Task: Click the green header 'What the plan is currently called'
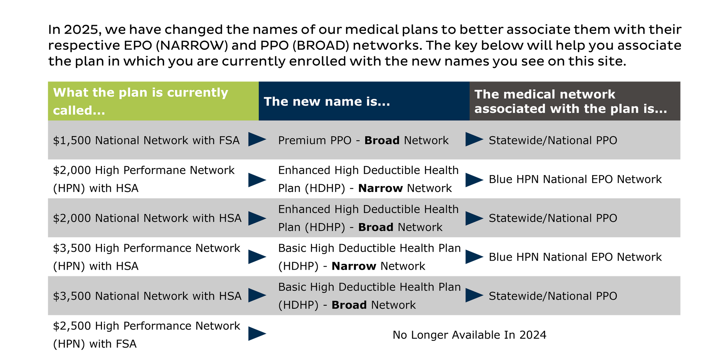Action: point(141,101)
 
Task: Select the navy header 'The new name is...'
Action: point(327,101)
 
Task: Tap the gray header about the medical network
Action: point(570,101)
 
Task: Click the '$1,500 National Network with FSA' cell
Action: point(146,140)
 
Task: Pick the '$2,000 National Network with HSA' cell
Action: point(147,218)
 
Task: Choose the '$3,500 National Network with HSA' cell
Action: point(147,296)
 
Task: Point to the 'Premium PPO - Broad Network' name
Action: point(363,140)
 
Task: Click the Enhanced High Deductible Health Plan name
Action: point(368,218)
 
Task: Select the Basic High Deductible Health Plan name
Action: point(369,296)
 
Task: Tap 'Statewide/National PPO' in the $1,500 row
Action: point(553,140)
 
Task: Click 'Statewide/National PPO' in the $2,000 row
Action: point(553,218)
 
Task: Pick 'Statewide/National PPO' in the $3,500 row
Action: point(553,296)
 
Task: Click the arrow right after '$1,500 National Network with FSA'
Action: point(257,139)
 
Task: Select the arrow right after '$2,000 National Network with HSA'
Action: point(257,218)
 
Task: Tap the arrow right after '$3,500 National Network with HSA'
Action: point(257,295)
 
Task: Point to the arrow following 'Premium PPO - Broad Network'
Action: point(474,139)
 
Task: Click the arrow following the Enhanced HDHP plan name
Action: point(474,218)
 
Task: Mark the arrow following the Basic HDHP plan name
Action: point(474,295)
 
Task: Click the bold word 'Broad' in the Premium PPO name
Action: point(382,140)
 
